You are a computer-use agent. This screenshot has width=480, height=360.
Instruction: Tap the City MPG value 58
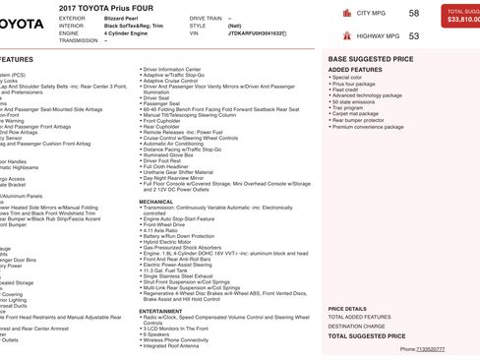click(413, 13)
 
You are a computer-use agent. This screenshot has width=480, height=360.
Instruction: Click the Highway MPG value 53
click(413, 35)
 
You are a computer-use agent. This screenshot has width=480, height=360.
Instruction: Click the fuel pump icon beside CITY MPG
click(347, 14)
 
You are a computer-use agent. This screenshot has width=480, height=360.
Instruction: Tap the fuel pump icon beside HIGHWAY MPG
click(347, 36)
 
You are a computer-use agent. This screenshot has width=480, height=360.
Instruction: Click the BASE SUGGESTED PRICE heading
click(370, 59)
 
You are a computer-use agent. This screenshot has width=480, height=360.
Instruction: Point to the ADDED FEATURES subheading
click(355, 70)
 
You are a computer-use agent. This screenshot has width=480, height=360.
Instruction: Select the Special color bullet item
click(348, 77)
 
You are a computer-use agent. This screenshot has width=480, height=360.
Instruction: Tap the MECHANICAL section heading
click(155, 200)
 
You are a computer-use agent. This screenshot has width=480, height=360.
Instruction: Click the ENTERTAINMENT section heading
click(160, 310)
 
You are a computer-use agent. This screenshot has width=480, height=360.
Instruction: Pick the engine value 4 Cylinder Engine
click(132, 32)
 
